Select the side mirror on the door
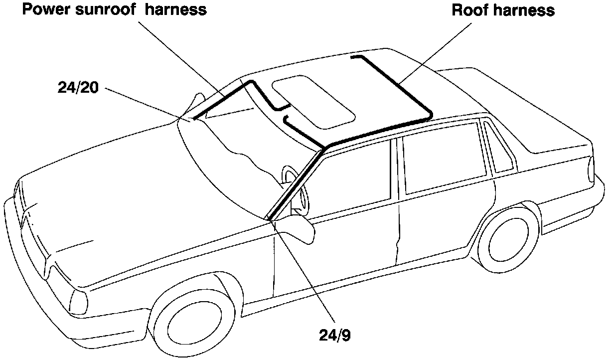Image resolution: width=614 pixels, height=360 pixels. (x=296, y=229)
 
